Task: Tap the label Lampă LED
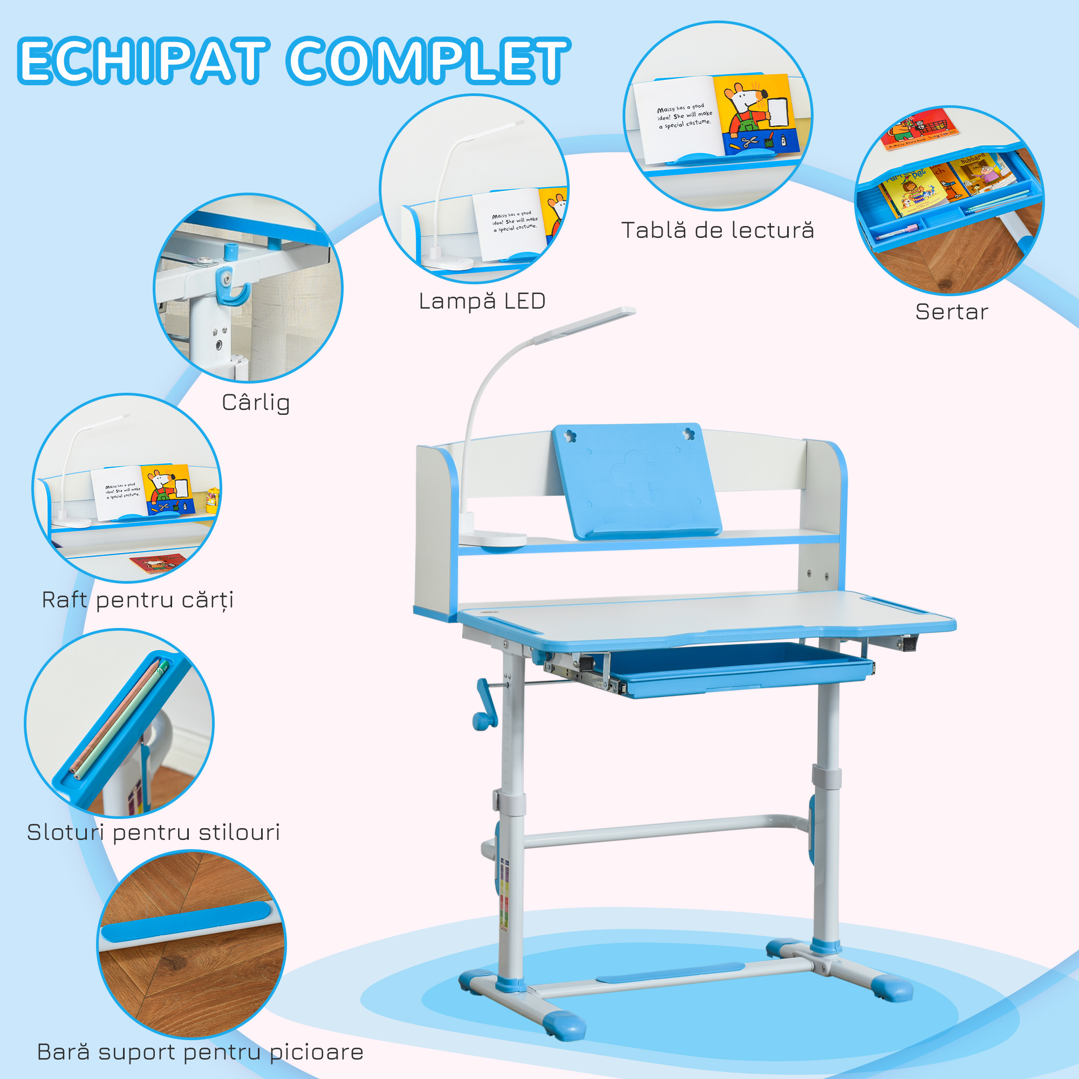tap(482, 302)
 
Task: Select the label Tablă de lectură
tap(718, 231)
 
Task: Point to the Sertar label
tap(952, 312)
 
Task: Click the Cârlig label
tap(256, 402)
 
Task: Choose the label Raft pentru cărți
tap(138, 600)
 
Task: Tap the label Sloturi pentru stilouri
tap(154, 832)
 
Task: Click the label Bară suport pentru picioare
tap(200, 1052)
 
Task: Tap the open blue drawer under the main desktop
tap(737, 670)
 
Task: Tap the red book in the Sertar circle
tap(919, 129)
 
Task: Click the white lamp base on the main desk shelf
tap(494, 539)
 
